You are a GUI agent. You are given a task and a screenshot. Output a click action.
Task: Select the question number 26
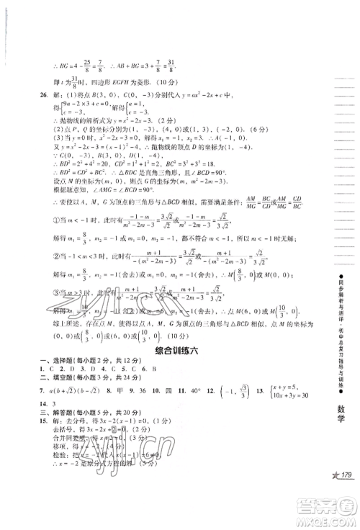[45, 96]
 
